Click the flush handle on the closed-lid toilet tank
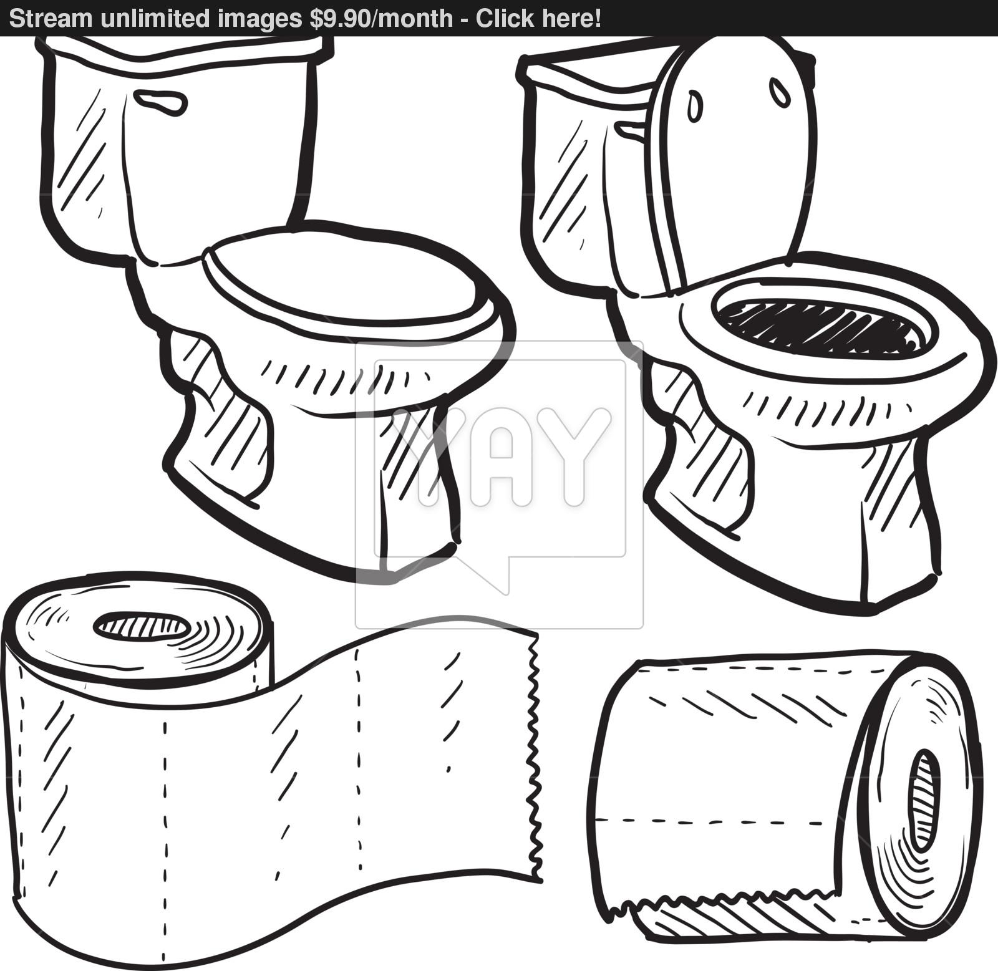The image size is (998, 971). [x=160, y=103]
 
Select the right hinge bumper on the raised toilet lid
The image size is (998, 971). [x=780, y=92]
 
